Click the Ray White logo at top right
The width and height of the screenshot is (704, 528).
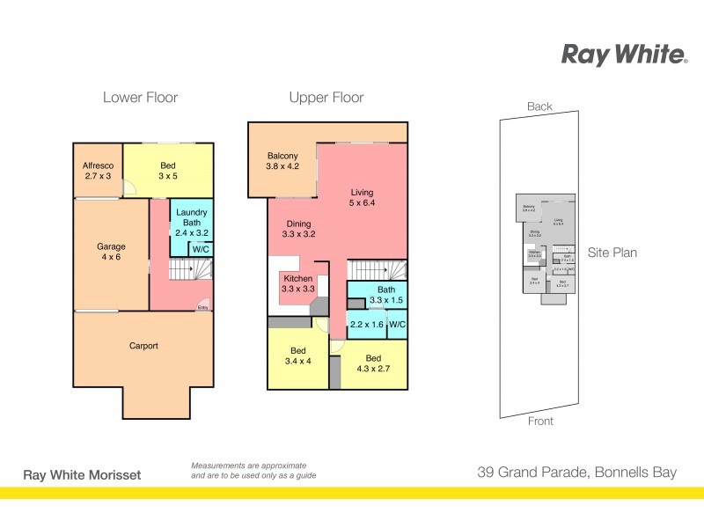pos(624,55)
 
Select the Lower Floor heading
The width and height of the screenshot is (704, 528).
pos(140,98)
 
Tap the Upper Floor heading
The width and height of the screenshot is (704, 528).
pos(326,98)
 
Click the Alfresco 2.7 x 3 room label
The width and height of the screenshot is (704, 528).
pos(97,171)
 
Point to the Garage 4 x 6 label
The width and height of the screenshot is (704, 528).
pos(110,253)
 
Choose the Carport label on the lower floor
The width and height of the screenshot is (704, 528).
pos(143,346)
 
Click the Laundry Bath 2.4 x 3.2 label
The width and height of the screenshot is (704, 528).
pos(191,223)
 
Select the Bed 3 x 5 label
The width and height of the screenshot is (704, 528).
pos(168,171)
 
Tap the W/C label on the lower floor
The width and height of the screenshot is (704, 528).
pos(201,249)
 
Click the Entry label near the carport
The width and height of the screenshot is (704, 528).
pos(203,307)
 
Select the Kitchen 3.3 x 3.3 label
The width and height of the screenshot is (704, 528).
pos(297,283)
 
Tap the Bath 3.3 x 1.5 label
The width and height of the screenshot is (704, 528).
pos(386,295)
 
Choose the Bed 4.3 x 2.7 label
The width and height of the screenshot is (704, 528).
pos(374,364)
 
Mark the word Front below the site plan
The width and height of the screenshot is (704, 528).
pos(540,422)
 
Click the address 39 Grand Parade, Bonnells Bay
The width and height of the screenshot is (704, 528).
pos(576,473)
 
